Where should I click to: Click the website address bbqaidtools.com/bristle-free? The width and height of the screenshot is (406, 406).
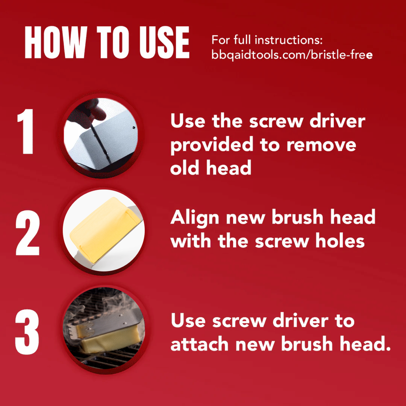pos(292,55)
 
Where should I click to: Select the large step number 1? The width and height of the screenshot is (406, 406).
pos(26,131)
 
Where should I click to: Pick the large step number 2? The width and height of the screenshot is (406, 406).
pos(28,233)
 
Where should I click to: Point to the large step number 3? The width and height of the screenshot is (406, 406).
pos(27,332)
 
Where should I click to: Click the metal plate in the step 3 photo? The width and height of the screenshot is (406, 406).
pos(114,323)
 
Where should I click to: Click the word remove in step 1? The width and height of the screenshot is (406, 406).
pos(321,146)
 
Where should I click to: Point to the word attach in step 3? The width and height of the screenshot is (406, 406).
pos(199,343)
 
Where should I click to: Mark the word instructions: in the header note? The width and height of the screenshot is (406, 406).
pos(289,40)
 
